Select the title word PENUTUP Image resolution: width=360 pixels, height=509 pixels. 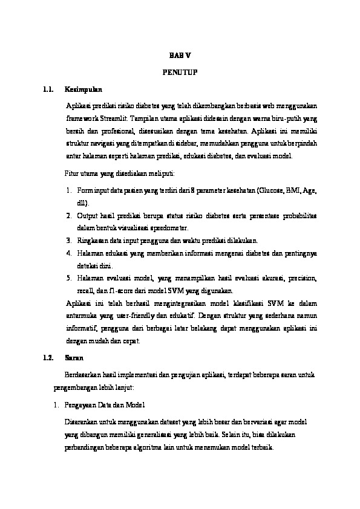tap(180, 73)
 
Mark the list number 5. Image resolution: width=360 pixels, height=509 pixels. tap(70, 278)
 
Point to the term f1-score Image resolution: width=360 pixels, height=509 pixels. tap(119, 291)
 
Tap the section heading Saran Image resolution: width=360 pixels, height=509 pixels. tap(74, 358)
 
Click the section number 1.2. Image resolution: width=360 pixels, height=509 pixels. tap(50, 358)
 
